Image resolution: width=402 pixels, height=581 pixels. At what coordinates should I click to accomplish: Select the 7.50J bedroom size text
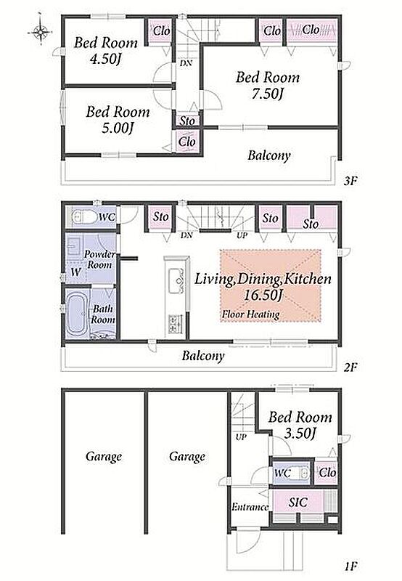(x=268, y=94)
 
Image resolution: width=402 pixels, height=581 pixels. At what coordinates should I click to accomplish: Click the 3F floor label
(x=350, y=181)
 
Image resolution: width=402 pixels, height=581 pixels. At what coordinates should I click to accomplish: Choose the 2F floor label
(x=350, y=367)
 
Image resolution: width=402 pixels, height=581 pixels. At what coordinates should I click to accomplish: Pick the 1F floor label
(x=350, y=566)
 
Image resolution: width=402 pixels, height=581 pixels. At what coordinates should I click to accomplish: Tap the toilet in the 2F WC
(x=82, y=216)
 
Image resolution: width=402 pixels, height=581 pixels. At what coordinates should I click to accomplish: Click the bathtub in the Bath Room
(x=77, y=312)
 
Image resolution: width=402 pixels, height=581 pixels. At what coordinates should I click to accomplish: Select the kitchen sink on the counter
(x=176, y=280)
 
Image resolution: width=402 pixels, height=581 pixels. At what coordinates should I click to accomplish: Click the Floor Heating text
(x=250, y=314)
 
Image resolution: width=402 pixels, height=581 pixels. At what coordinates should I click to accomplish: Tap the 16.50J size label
(x=263, y=296)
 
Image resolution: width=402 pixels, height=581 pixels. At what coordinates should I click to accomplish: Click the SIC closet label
(x=298, y=502)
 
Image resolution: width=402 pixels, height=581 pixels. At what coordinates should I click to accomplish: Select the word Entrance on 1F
(x=250, y=506)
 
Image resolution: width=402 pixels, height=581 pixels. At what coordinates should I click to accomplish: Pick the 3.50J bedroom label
(x=300, y=433)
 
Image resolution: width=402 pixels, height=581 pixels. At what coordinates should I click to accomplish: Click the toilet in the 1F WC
(x=301, y=474)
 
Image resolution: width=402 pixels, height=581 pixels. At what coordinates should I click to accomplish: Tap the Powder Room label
(x=99, y=259)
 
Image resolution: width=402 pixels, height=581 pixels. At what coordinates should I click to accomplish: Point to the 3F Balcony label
(x=269, y=155)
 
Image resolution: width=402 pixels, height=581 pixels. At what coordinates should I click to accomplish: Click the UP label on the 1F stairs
(x=241, y=437)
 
